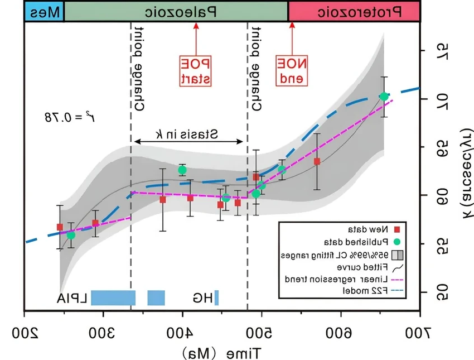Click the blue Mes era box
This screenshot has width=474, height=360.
click(44, 11)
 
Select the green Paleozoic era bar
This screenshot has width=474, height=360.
click(176, 11)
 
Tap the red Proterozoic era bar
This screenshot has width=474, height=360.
click(354, 11)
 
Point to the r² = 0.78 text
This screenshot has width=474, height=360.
click(62, 117)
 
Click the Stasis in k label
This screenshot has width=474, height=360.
click(186, 134)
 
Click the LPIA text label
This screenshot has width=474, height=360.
click(72, 297)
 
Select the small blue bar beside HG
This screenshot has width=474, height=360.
click(216, 297)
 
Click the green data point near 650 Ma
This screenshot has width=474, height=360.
click(384, 97)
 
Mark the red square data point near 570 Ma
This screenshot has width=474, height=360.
click(317, 161)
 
